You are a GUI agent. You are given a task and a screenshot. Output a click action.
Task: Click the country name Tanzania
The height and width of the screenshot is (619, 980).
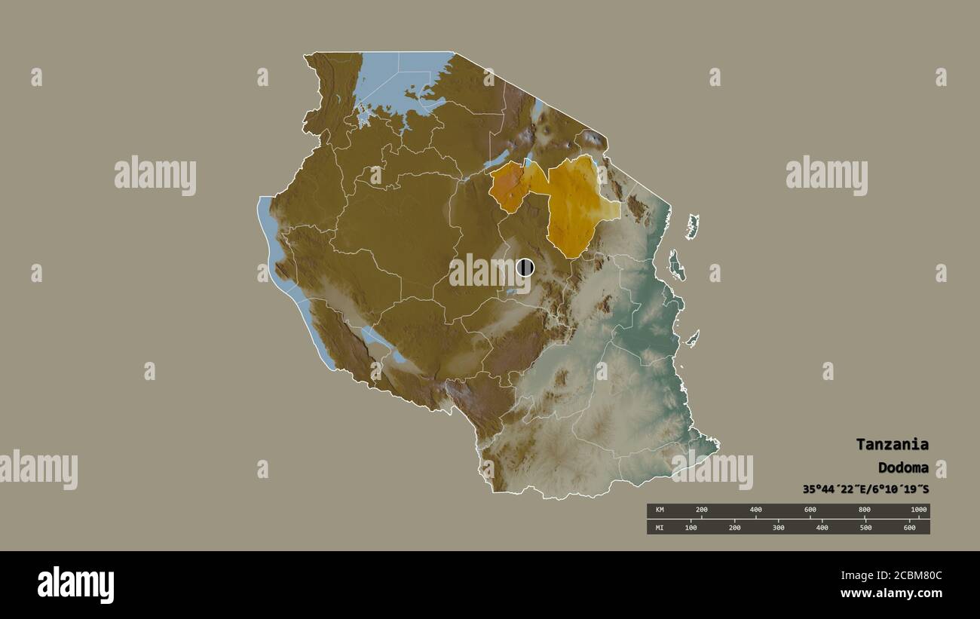(892, 444)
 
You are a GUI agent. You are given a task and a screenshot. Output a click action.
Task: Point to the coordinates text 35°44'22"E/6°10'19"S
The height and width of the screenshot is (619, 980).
(865, 489)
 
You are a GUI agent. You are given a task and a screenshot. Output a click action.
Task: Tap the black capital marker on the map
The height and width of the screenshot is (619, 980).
(525, 267)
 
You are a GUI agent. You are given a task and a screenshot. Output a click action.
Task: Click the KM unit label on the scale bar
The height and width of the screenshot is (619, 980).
(660, 510)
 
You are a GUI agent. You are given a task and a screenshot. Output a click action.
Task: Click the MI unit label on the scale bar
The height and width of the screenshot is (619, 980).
(660, 527)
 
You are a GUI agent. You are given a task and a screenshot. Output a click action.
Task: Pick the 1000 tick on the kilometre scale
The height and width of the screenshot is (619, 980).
(918, 510)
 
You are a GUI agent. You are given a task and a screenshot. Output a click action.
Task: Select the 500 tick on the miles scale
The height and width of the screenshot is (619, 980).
(865, 527)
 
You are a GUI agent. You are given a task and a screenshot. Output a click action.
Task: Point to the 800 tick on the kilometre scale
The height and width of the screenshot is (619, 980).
(865, 510)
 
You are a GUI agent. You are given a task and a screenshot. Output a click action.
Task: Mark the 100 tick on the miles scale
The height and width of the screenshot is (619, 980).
(691, 527)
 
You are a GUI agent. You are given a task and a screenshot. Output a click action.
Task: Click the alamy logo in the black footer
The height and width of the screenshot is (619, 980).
(75, 585)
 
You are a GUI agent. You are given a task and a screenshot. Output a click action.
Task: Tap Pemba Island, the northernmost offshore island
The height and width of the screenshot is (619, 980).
(692, 225)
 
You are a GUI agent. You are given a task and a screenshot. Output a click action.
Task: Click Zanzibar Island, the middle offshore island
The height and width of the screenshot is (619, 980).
(676, 265)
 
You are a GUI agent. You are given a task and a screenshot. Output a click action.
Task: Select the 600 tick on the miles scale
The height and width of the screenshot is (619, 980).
(909, 527)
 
